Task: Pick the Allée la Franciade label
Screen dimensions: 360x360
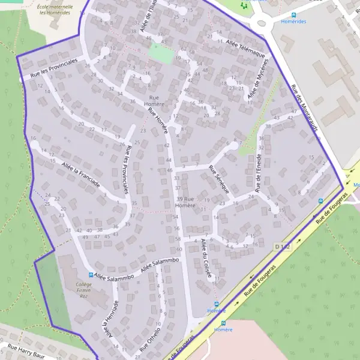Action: (80, 176)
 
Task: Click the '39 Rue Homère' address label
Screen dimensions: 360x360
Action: (185, 202)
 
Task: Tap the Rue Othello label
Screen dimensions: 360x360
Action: (150, 339)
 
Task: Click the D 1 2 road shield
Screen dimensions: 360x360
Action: (283, 247)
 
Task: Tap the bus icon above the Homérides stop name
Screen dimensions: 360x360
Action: (293, 15)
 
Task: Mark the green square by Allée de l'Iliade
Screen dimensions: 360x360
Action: (160, 53)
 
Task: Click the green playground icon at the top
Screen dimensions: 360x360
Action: (244, 5)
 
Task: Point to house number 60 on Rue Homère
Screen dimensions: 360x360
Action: (179, 248)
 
